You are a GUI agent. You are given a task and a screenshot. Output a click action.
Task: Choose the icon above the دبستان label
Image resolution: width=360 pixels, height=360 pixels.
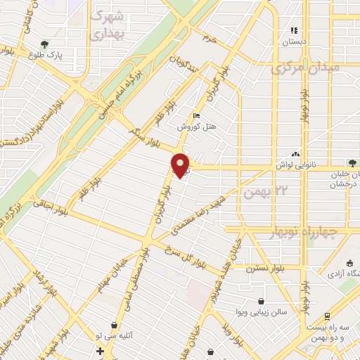click(x=295, y=31)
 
